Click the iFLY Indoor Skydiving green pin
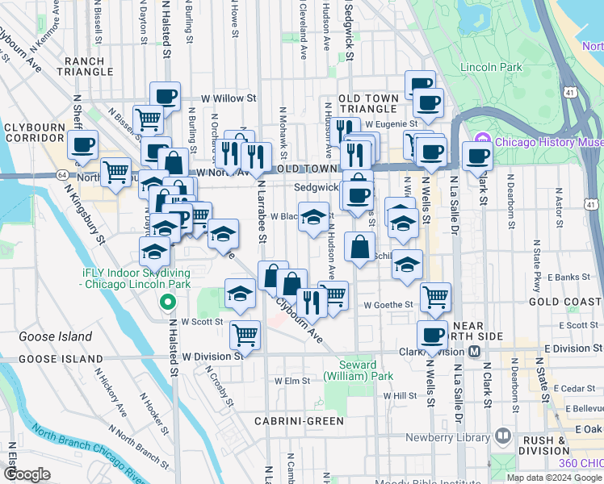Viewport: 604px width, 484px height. tap(168, 303)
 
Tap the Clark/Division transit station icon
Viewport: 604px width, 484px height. tap(474, 352)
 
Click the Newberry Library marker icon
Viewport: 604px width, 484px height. tap(504, 436)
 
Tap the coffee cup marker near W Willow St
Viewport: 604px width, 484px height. tap(166, 95)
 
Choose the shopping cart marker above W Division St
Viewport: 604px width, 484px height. tap(245, 333)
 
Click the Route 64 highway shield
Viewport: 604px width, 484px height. tap(63, 174)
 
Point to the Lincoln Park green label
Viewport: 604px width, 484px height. tap(488, 67)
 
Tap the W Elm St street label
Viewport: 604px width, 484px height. tap(292, 381)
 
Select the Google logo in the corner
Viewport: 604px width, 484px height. tap(27, 474)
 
